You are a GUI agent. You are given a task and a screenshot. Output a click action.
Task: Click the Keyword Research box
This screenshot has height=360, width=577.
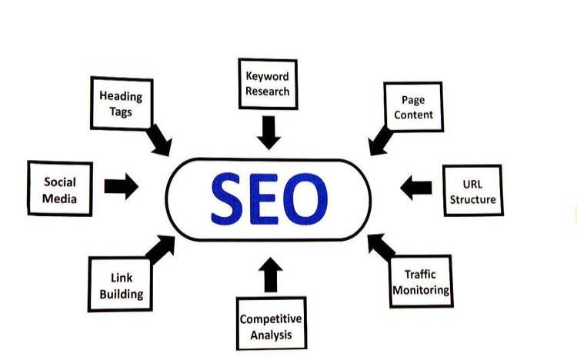point(268,84)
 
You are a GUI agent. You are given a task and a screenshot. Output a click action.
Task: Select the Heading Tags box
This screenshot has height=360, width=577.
point(122,103)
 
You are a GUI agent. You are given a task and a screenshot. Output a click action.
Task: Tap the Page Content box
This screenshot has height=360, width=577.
point(413,107)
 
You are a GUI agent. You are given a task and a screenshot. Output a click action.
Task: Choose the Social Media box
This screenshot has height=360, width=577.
point(60,188)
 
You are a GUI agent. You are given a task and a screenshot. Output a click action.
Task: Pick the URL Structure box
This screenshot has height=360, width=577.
point(473,191)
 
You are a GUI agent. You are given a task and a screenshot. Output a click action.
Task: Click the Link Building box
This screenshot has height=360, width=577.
point(120,285)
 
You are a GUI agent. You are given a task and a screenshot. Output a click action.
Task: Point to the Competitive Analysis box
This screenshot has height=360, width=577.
point(272,323)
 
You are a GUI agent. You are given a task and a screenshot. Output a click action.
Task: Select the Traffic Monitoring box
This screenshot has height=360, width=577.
point(421,282)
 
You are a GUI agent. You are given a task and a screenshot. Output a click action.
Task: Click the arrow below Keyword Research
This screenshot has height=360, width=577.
point(268,132)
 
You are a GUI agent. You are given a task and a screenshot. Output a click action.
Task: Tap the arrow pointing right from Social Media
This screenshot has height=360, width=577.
point(122,186)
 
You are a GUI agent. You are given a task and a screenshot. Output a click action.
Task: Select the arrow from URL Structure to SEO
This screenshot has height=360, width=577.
point(415,188)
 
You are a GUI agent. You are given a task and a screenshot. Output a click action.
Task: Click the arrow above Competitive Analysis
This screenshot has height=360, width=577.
point(271,275)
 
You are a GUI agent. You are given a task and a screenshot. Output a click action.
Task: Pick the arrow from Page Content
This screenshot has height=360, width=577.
point(381,141)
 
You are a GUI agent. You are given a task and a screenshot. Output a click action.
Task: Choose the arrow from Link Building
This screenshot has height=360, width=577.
point(161,249)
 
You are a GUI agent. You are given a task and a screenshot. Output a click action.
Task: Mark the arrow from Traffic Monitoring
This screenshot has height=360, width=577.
point(382,248)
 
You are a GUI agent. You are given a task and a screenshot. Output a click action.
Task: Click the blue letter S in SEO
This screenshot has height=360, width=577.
point(226,198)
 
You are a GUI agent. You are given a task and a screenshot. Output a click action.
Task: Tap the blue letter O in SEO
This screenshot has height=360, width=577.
point(305,198)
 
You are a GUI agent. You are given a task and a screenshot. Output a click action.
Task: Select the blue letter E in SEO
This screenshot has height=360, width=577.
point(263,198)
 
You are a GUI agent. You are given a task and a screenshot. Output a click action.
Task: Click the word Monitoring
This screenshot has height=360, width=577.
point(421,290)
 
